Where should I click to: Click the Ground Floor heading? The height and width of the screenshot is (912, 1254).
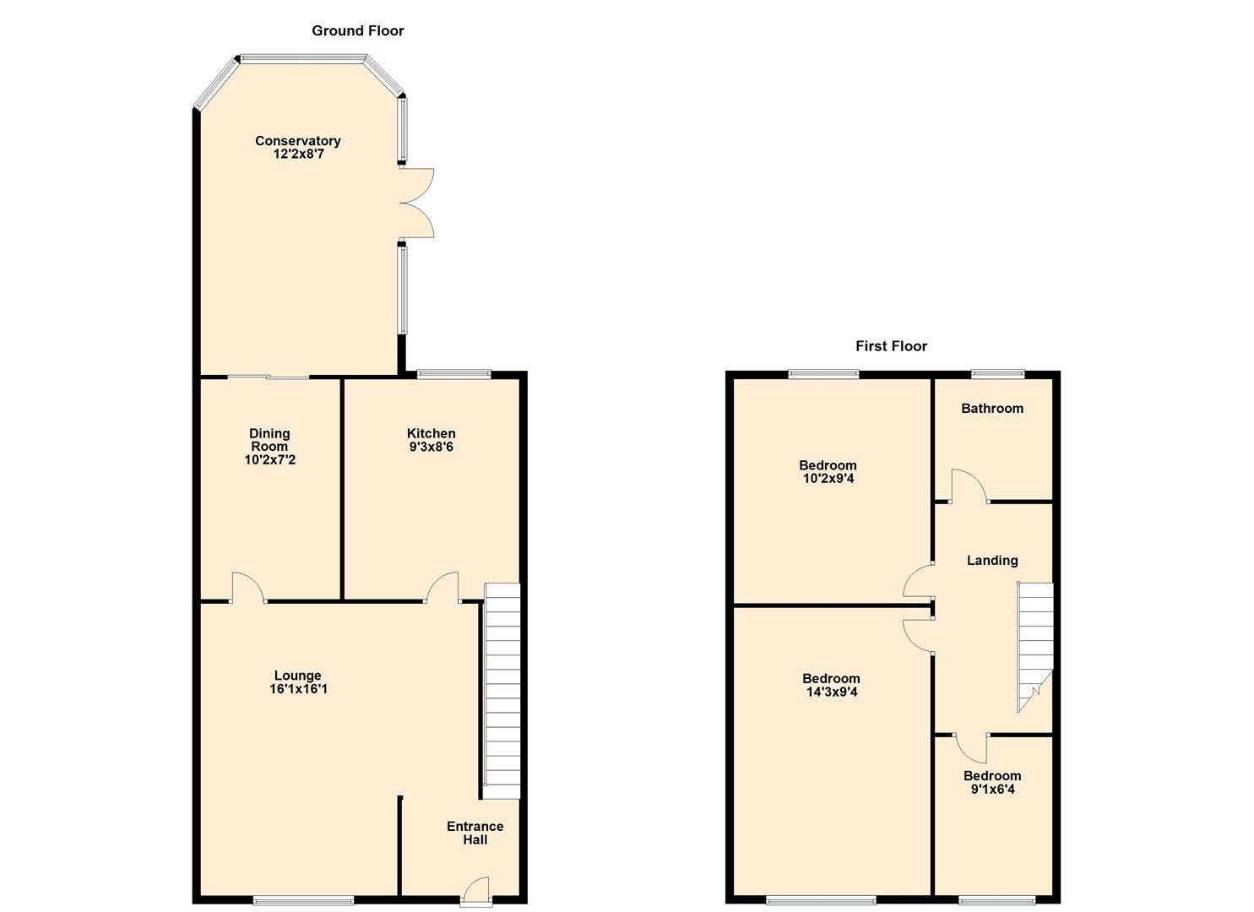(x=358, y=31)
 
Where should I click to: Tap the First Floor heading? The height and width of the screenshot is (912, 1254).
(x=891, y=346)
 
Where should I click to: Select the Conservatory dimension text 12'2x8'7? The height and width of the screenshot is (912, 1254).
(x=298, y=155)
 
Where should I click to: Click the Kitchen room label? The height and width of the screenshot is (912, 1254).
(x=432, y=433)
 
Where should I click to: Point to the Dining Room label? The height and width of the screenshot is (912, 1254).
(x=269, y=440)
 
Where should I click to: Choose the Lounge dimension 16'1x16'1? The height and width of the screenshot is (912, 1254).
(x=298, y=689)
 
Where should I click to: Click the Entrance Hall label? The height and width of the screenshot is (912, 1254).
(x=475, y=833)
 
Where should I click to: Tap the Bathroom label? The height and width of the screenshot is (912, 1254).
(x=992, y=409)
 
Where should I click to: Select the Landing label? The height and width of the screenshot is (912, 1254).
(x=992, y=561)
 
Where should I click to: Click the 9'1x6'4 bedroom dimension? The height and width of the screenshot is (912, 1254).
(x=992, y=790)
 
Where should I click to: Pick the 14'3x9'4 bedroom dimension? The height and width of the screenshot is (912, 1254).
(x=831, y=692)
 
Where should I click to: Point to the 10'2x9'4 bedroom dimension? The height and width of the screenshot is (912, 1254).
(x=828, y=479)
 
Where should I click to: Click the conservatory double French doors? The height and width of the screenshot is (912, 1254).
(x=416, y=203)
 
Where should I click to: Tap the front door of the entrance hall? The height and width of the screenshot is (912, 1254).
(x=476, y=892)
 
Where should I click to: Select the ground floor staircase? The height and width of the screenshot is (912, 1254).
(x=502, y=691)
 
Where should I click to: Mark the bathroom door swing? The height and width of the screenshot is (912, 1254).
(x=968, y=486)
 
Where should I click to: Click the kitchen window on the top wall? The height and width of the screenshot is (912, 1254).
(x=454, y=373)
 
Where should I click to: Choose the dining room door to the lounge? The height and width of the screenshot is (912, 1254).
(x=247, y=588)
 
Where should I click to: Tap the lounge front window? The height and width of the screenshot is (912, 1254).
(x=304, y=900)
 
